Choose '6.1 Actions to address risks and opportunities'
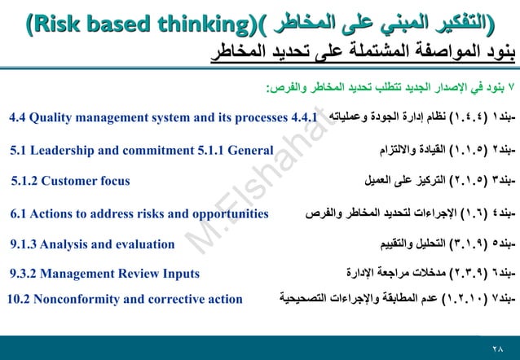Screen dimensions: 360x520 tap(139, 213)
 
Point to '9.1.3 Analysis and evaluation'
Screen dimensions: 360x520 tap(92, 244)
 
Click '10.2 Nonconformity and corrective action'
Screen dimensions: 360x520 tap(124, 299)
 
